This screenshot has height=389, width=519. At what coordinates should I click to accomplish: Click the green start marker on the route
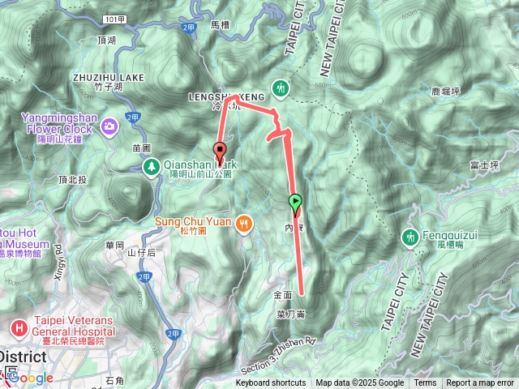point(295,202)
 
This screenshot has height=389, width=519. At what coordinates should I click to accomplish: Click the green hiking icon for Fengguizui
point(409,237)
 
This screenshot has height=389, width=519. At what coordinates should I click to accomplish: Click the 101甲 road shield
point(116,17)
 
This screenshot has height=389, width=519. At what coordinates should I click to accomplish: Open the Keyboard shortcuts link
point(272,383)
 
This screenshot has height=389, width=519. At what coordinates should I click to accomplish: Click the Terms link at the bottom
point(425,383)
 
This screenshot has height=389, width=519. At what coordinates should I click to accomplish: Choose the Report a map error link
point(480,383)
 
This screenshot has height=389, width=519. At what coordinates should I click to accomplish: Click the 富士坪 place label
point(483,165)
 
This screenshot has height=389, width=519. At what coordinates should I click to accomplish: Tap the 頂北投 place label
point(72,179)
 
